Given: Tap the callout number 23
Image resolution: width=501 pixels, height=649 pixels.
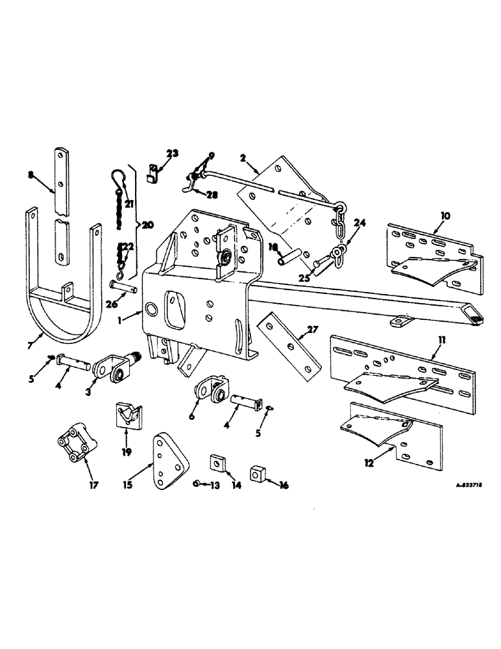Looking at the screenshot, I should click(172, 154).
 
